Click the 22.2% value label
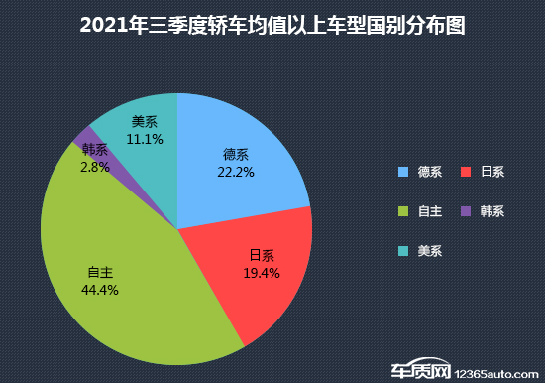(x=236, y=172)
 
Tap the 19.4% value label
(x=262, y=271)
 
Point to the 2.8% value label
(x=96, y=169)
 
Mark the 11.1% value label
(x=145, y=140)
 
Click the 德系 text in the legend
(x=430, y=172)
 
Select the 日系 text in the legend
(x=492, y=172)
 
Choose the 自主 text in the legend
(x=430, y=211)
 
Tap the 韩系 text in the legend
(x=492, y=211)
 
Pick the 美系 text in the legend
(x=430, y=251)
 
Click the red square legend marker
(x=467, y=172)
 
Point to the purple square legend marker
(x=467, y=211)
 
